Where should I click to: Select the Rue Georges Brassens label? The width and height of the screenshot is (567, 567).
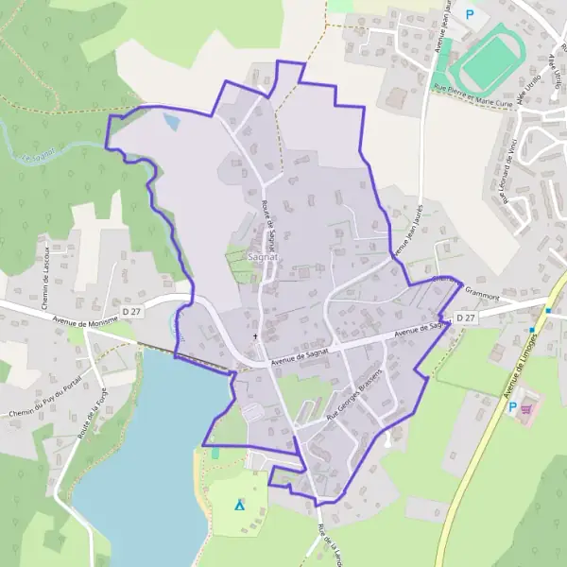[x=353, y=395]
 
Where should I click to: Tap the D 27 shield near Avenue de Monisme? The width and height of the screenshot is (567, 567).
[x=129, y=310]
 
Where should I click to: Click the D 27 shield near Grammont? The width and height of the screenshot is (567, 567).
[x=464, y=318]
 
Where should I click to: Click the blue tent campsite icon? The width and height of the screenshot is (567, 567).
[x=239, y=507]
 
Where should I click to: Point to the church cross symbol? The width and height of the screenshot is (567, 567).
[x=254, y=335]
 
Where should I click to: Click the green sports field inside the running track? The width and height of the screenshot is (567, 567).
[x=490, y=62]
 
